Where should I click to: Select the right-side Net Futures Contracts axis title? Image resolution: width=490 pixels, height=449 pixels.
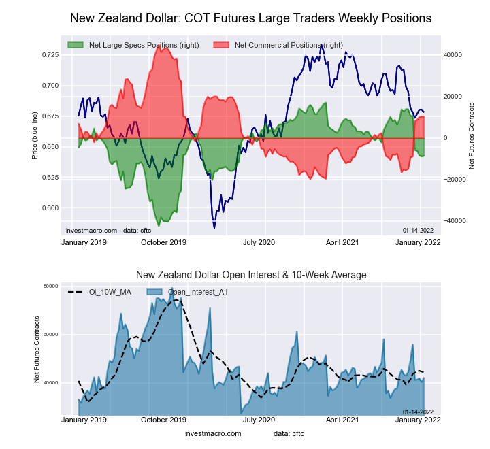(x=471, y=136)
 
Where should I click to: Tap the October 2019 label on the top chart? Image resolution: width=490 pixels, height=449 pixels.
(x=163, y=242)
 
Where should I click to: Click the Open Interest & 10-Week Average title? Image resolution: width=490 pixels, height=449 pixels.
(x=251, y=275)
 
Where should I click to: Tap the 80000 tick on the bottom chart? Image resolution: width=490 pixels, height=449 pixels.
(x=51, y=286)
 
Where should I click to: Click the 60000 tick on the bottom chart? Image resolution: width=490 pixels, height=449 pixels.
(x=51, y=335)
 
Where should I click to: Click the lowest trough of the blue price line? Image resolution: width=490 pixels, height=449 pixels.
(x=214, y=227)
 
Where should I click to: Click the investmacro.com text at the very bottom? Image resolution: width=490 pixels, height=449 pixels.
(x=213, y=433)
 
